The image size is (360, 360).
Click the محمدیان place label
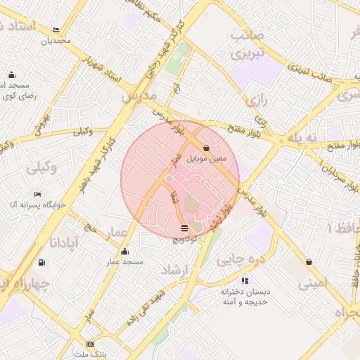tap(57, 41)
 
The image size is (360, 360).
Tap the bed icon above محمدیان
tap(56, 30)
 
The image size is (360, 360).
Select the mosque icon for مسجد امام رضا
tap(11, 75)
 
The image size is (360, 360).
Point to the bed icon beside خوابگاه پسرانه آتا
tap(37, 194)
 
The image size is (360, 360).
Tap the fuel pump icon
tap(42, 262)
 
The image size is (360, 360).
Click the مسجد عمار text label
tap(125, 262)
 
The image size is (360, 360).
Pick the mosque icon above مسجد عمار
tap(125, 251)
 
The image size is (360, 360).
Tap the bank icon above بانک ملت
tap(89, 344)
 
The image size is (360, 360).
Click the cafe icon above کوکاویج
tap(184, 228)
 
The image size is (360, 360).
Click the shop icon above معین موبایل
tap(206, 148)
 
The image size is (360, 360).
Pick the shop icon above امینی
tap(309, 262)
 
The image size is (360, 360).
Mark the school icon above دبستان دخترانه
tap(245, 281)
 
